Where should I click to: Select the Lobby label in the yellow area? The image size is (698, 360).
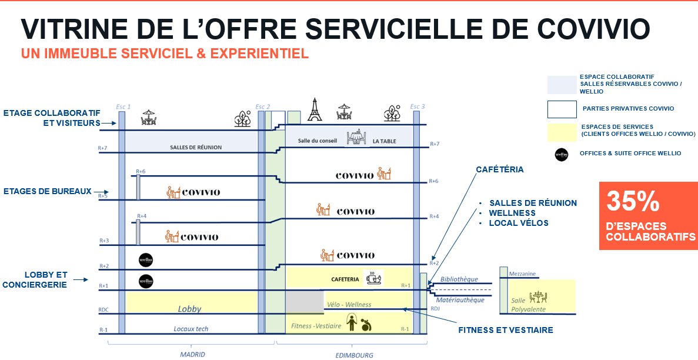click(189, 308)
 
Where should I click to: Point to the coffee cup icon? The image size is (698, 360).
click(373, 278)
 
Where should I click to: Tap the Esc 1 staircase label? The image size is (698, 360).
click(123, 106)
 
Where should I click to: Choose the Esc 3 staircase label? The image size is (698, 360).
click(417, 106)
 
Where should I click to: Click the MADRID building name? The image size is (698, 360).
click(192, 354)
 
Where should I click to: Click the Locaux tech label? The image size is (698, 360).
click(191, 329)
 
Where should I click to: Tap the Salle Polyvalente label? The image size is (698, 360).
click(529, 305)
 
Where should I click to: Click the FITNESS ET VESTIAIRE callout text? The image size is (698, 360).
click(505, 330)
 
